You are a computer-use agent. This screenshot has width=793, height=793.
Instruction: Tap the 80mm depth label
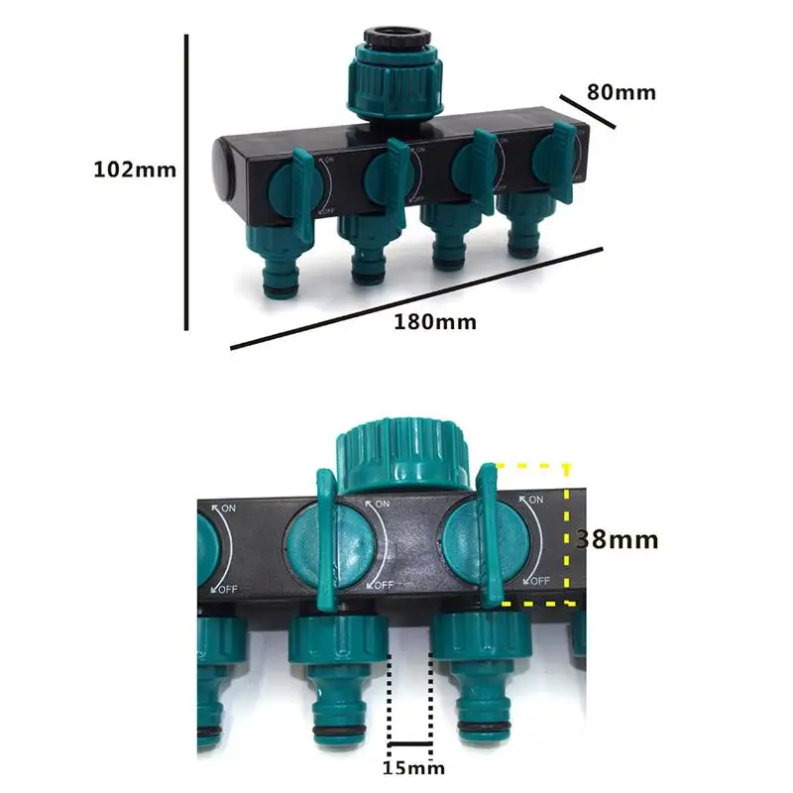[621, 92]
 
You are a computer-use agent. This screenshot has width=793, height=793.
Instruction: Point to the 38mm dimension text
[618, 539]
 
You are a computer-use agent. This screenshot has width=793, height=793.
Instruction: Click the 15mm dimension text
[411, 766]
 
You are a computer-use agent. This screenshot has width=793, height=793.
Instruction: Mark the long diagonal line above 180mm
[416, 297]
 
